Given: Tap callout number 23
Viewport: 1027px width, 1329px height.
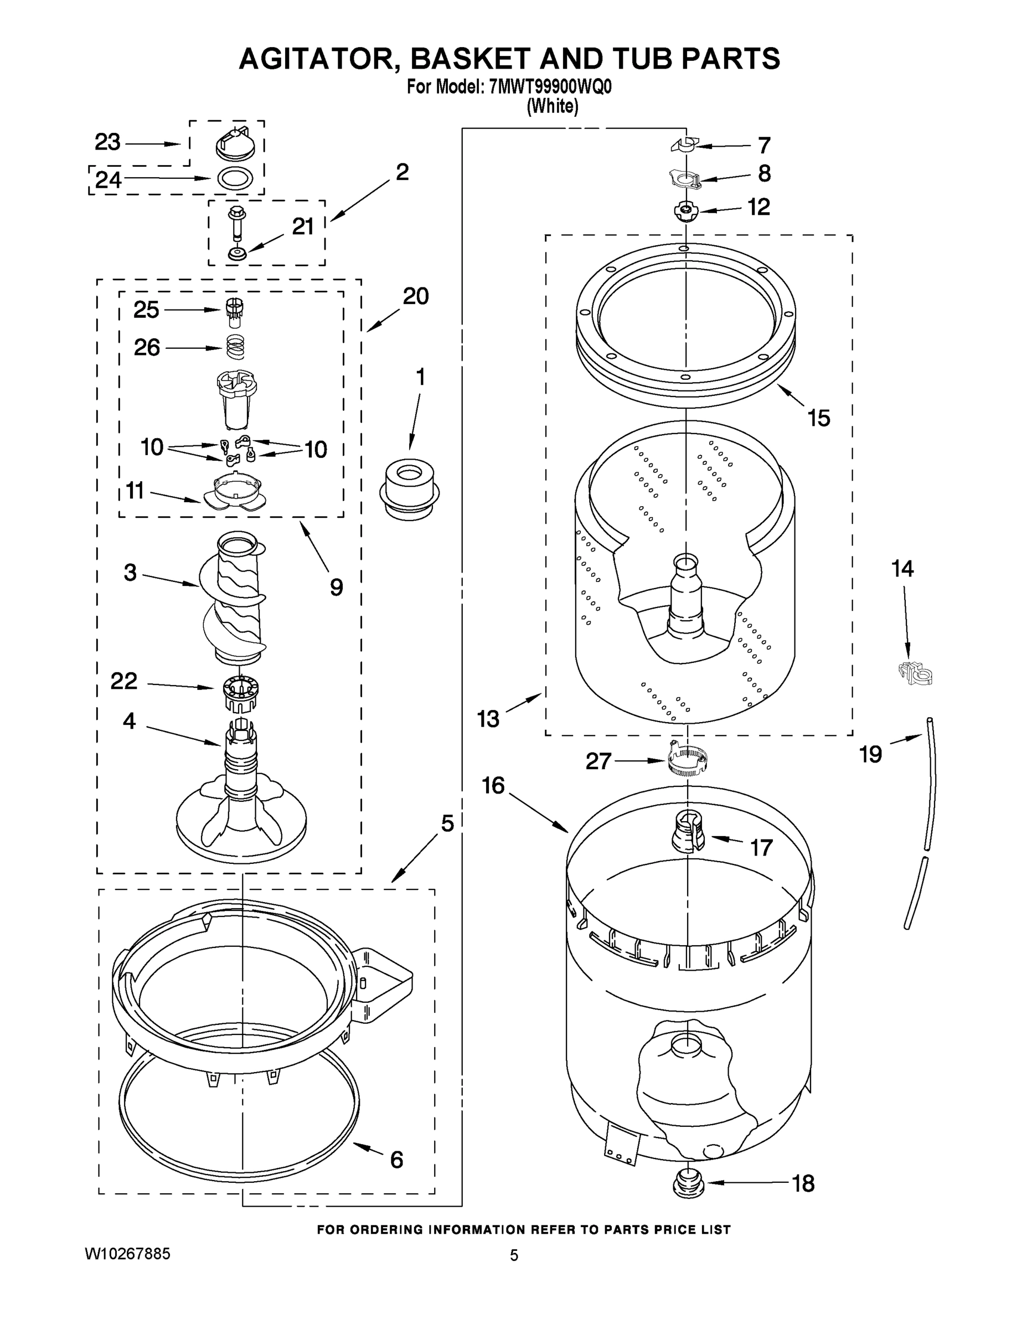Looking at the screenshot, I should point(108,142).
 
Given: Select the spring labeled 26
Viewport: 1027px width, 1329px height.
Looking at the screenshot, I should point(235,347).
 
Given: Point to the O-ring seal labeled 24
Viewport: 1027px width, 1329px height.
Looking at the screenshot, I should point(235,179).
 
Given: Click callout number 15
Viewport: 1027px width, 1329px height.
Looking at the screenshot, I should point(819,418).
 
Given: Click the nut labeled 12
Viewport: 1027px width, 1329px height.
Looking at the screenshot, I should point(685,211).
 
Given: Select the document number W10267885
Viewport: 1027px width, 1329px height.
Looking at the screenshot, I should point(127,1254).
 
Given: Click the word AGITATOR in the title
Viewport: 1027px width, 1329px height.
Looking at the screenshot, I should point(319,59).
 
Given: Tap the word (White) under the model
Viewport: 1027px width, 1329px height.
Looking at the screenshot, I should point(552,106).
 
